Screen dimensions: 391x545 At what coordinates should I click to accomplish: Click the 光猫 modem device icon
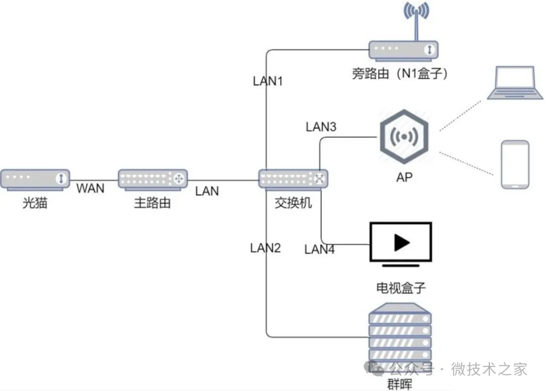click(35, 179)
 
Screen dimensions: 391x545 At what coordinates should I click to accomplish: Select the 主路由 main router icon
click(152, 179)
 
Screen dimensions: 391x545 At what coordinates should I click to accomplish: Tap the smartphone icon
click(515, 165)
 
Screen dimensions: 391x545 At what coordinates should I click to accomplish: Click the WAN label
click(90, 188)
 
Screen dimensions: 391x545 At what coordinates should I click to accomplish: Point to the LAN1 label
click(267, 81)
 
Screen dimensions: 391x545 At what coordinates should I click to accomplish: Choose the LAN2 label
click(265, 248)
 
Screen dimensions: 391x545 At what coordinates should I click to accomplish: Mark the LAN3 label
click(321, 126)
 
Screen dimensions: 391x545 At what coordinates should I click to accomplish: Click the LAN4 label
click(319, 249)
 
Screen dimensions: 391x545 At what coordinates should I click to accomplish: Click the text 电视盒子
click(401, 288)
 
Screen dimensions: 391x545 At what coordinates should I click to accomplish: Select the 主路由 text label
click(152, 203)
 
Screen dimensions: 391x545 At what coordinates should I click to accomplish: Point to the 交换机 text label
click(293, 203)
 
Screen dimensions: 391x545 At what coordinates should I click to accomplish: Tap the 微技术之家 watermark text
click(488, 369)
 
